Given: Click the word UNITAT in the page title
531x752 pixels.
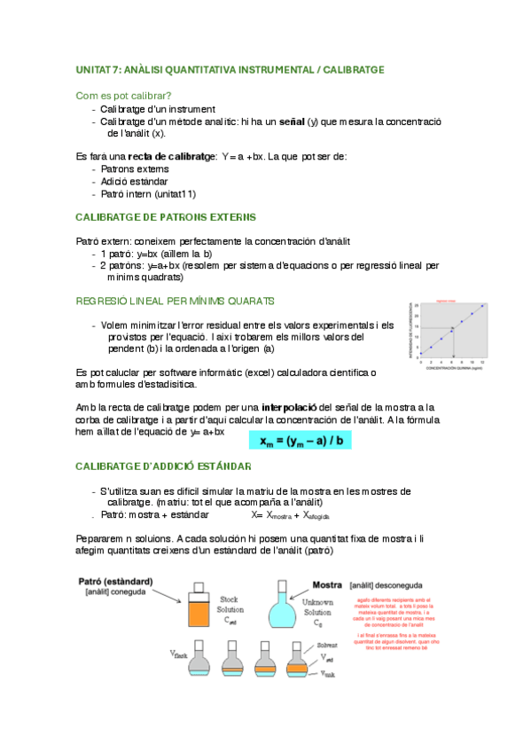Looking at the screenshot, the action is click(x=92, y=68).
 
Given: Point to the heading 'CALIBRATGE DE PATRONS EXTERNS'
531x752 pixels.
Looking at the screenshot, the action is click(x=165, y=216).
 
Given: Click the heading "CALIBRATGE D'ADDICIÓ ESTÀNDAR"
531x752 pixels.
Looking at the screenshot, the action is click(x=163, y=466).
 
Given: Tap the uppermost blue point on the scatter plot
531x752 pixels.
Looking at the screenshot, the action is click(x=482, y=307).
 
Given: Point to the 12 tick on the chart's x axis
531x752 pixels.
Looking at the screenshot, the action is click(x=482, y=363).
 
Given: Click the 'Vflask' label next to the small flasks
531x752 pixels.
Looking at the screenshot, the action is click(x=178, y=655).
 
